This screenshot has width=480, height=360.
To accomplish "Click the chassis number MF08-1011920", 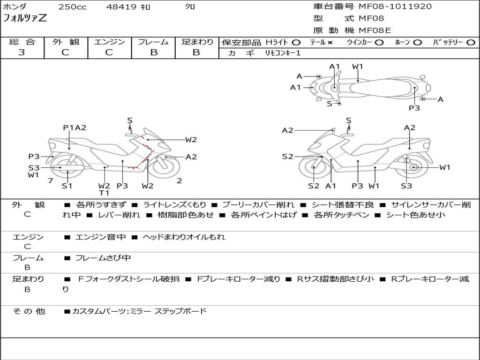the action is click(395, 7).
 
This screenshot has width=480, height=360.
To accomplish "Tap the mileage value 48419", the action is click(121, 7).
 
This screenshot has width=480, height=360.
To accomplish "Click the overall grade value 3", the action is click(22, 52).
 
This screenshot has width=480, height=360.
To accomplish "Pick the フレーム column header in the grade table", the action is click(153, 42).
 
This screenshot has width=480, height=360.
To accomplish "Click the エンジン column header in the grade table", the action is click(109, 42).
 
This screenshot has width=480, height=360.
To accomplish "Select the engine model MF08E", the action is click(375, 30).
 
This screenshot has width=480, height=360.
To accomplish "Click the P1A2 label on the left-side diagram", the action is click(75, 127).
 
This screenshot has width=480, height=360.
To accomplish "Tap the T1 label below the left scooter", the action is click(104, 193).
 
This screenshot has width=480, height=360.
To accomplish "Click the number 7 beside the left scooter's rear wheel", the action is click(50, 181).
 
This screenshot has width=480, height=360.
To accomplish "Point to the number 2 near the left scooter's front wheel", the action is click(180, 181).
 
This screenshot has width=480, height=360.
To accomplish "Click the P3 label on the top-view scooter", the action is click(414, 108).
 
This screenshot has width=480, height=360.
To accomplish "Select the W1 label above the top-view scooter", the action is click(358, 67).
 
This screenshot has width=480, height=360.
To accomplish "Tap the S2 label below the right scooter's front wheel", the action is click(314, 186).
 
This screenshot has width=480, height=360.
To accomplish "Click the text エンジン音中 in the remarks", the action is click(101, 237).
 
